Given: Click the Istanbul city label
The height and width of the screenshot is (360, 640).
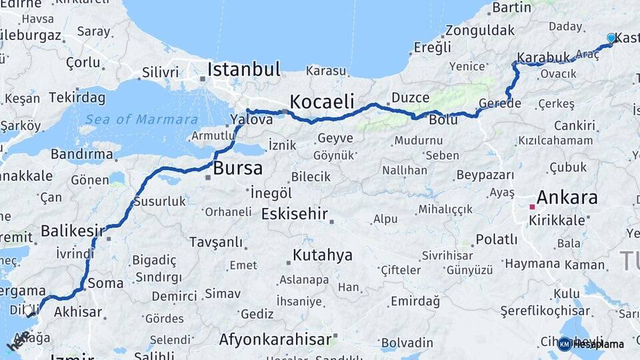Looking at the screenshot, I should (243, 69).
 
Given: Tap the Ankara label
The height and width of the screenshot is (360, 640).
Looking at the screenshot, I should (567, 197).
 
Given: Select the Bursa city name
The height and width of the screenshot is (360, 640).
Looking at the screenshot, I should (237, 169).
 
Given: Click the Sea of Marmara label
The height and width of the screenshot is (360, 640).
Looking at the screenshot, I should (141, 120).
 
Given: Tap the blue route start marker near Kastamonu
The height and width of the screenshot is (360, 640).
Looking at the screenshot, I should (611, 39).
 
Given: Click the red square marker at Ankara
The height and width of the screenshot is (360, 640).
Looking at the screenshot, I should (532, 207).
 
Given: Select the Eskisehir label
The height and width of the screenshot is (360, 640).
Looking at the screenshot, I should (295, 214).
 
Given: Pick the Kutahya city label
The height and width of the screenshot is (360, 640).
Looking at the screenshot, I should (322, 255).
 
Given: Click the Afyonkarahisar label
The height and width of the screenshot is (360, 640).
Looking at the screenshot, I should (275, 340).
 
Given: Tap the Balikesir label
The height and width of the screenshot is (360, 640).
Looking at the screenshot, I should (73, 231).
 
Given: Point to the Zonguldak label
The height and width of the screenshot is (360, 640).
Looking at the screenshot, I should (480, 31).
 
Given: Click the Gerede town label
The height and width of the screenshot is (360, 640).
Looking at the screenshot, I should (499, 103).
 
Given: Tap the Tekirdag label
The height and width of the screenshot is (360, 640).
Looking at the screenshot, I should (77, 98).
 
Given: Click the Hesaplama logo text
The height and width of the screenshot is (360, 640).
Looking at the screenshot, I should (599, 344).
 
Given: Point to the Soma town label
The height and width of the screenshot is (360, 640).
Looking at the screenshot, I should (105, 283).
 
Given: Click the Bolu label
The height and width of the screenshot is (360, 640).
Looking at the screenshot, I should (443, 121).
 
